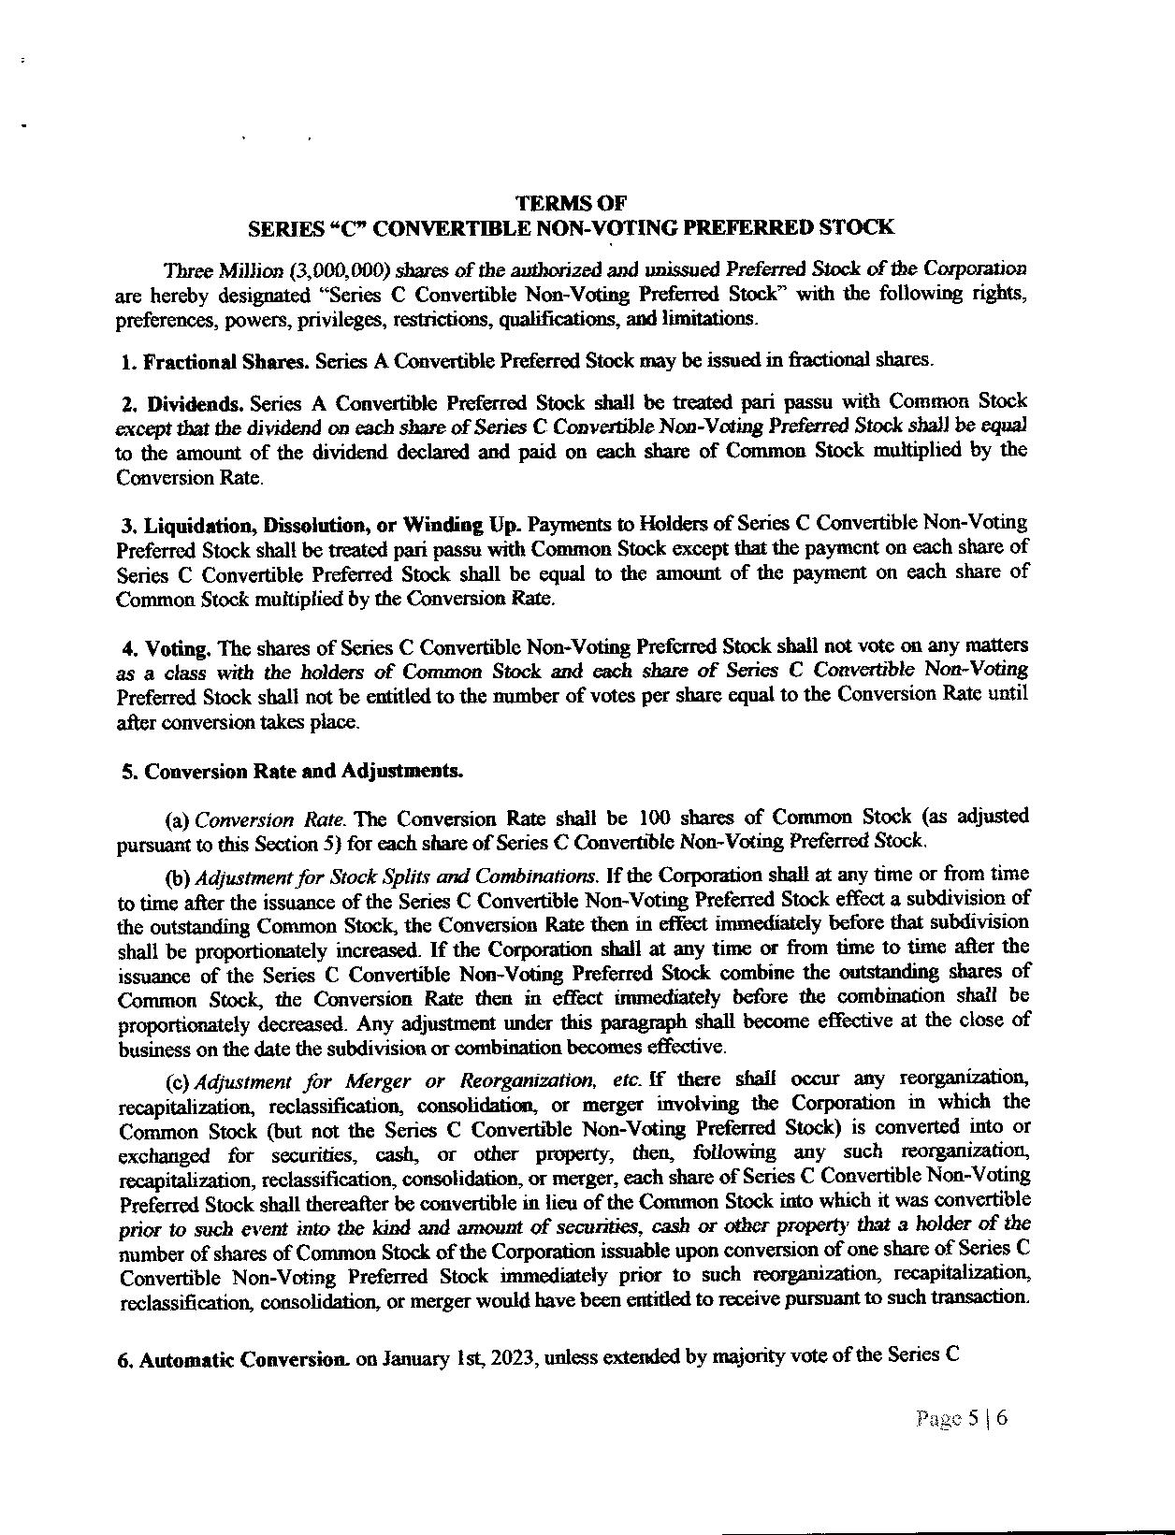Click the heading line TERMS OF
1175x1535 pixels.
pyautogui.click(x=571, y=203)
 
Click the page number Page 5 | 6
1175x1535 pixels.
pyautogui.click(x=963, y=1418)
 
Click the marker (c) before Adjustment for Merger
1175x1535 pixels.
pyautogui.click(x=177, y=1082)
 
